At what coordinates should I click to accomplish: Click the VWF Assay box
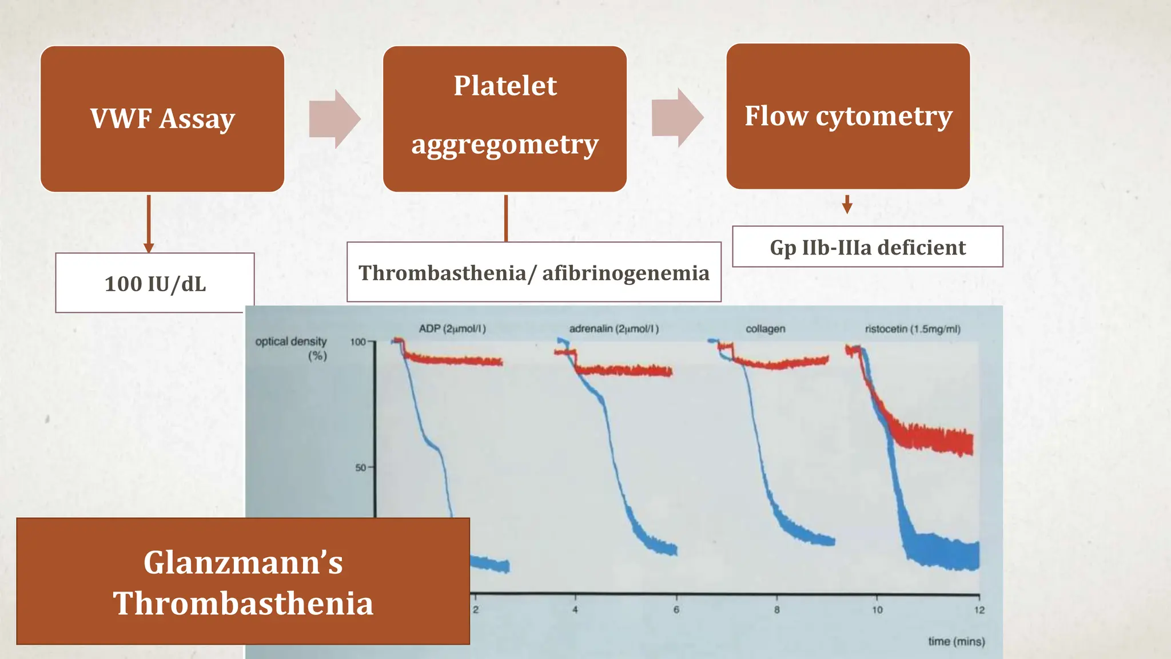click(162, 119)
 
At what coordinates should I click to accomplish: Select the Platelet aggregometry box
click(505, 119)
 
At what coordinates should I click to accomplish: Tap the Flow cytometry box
click(848, 116)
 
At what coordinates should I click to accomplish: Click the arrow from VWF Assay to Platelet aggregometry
click(335, 119)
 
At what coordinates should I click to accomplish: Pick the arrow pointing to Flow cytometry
click(678, 118)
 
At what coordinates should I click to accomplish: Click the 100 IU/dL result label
click(155, 284)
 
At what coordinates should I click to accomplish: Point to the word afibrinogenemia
click(626, 273)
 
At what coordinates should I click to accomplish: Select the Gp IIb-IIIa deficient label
click(867, 247)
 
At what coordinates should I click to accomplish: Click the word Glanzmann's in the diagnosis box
click(243, 562)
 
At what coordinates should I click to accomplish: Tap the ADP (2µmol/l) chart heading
click(452, 329)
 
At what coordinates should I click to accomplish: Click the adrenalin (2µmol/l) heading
click(614, 329)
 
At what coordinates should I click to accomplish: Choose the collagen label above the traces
click(765, 329)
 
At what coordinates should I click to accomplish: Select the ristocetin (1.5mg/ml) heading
click(913, 329)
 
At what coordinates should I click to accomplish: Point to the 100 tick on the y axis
click(358, 342)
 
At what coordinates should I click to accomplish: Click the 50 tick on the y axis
click(361, 467)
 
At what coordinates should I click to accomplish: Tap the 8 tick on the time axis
click(776, 610)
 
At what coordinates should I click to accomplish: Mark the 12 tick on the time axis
click(979, 610)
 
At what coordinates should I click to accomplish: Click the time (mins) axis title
click(956, 641)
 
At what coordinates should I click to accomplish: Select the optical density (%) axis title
click(292, 348)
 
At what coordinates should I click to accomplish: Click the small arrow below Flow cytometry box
click(847, 205)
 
